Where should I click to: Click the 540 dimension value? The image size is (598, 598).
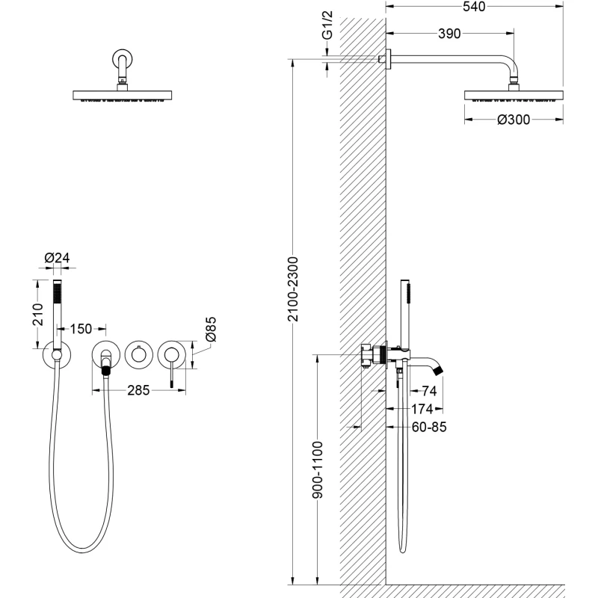474,7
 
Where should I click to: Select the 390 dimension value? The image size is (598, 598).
449,34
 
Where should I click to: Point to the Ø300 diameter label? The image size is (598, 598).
514,119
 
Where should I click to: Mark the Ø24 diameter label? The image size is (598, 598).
57,258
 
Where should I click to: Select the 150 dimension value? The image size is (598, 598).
81,329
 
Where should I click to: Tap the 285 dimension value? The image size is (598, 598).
139,390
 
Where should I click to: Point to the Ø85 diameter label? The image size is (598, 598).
211,330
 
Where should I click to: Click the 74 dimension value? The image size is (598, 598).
429,390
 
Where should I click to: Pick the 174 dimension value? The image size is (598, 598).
423,409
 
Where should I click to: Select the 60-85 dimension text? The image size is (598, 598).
428,428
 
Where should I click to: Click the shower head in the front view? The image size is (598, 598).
123,94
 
